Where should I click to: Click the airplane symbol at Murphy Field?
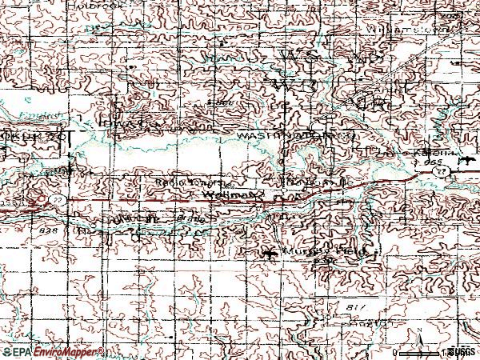coord(268,254)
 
